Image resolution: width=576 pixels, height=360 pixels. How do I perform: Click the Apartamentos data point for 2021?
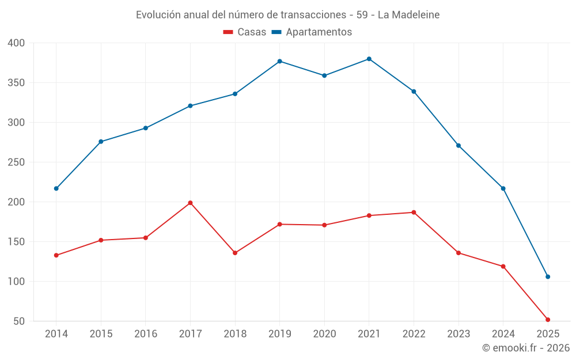pyautogui.click(x=369, y=59)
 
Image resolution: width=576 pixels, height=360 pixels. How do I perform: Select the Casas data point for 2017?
pyautogui.click(x=190, y=203)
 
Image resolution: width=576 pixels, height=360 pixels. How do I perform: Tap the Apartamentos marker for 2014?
pyautogui.click(x=56, y=188)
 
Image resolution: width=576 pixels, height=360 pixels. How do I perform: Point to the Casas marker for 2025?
pyautogui.click(x=548, y=320)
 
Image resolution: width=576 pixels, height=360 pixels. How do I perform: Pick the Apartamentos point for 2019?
pyautogui.click(x=279, y=61)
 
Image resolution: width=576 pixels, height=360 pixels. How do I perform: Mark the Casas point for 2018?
pyautogui.click(x=235, y=253)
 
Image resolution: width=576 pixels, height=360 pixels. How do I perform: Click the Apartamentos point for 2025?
pyautogui.click(x=548, y=276)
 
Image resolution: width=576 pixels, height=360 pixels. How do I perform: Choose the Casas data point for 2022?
pyautogui.click(x=414, y=213)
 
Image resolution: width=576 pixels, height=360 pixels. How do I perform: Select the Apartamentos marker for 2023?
pyautogui.click(x=458, y=146)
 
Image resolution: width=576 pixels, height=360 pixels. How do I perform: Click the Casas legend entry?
pyautogui.click(x=245, y=32)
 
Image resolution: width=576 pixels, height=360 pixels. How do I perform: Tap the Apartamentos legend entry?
pyautogui.click(x=312, y=32)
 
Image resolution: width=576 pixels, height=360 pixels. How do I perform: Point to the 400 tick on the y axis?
pyautogui.click(x=17, y=43)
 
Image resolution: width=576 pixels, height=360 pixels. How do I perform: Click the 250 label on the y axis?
pyautogui.click(x=17, y=162)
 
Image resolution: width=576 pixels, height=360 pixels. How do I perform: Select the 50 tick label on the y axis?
pyautogui.click(x=20, y=321)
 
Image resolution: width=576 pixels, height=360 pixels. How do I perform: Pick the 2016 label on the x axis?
pyautogui.click(x=146, y=334)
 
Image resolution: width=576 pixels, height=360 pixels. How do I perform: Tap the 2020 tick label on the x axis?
pyautogui.click(x=324, y=334)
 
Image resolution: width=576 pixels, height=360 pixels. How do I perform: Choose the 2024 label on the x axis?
pyautogui.click(x=503, y=334)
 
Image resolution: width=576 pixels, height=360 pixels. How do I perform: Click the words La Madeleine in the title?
pyautogui.click(x=408, y=15)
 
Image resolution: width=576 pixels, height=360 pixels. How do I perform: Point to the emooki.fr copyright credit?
pyautogui.click(x=526, y=348)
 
